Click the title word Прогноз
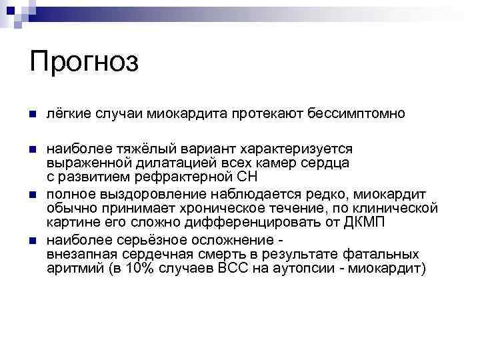(x=84, y=63)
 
